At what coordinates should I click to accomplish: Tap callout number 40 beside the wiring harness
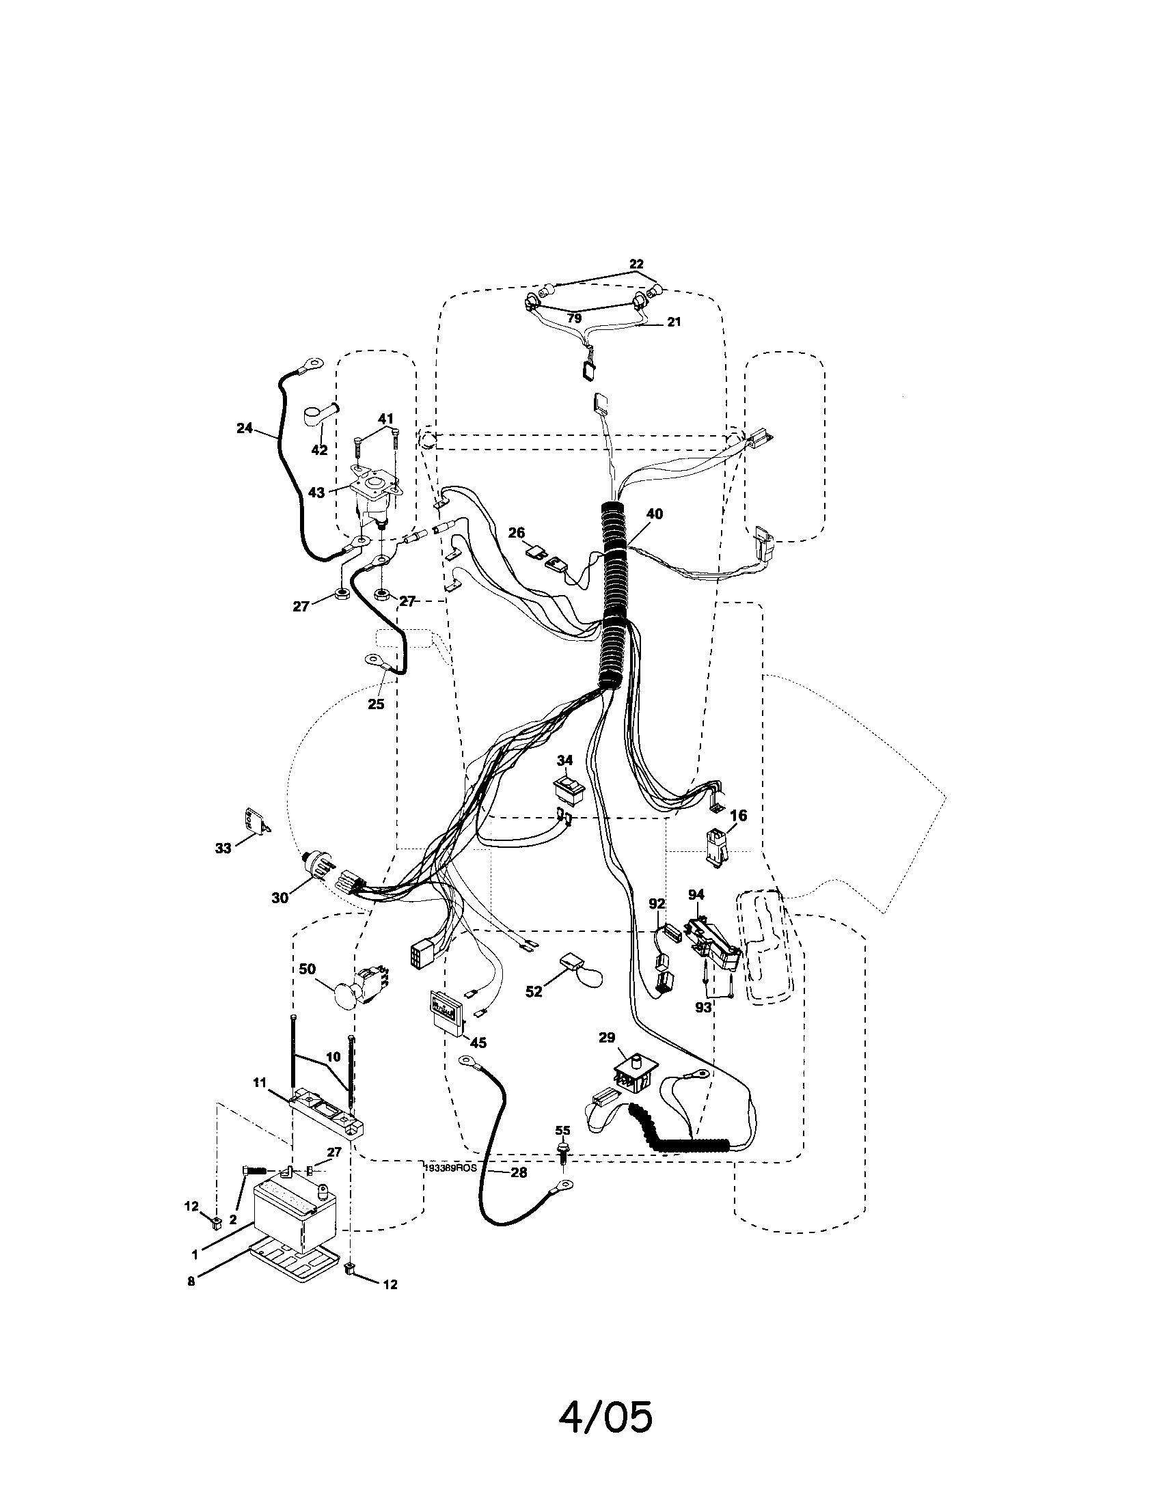(x=655, y=514)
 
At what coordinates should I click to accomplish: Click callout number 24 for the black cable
(x=245, y=428)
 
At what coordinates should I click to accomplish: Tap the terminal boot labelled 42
(x=319, y=417)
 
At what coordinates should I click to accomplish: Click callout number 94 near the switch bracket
(x=696, y=894)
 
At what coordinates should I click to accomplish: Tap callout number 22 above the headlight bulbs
(x=636, y=264)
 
